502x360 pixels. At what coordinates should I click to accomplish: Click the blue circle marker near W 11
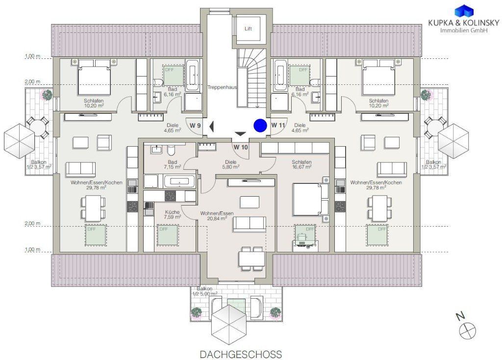tap(260, 126)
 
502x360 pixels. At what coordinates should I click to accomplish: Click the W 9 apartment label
tap(195, 126)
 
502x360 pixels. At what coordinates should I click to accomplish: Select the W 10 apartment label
tap(240, 147)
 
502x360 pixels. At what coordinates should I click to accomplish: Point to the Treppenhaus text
tap(222, 87)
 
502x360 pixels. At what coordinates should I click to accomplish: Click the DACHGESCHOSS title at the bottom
tap(241, 354)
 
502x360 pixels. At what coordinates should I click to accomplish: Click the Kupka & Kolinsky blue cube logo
tap(464, 11)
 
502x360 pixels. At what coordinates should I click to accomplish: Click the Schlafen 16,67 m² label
tap(301, 165)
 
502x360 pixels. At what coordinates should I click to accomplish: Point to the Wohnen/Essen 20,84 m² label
tap(213, 216)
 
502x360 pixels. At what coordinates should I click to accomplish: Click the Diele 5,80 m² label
tap(231, 164)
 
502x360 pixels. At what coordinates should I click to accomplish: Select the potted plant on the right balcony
tap(426, 95)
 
